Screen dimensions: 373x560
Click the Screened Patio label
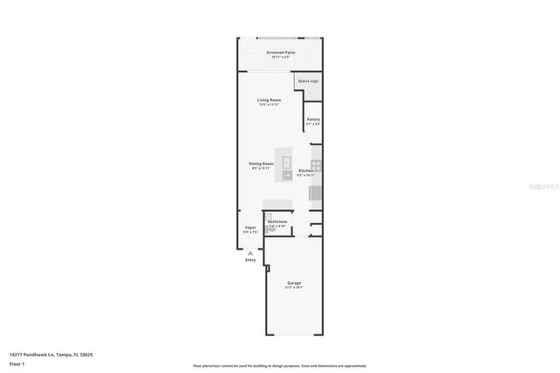281,53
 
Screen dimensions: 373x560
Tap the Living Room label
269,101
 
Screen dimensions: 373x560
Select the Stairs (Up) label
308,81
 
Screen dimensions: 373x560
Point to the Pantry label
312,119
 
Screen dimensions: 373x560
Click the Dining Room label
261,164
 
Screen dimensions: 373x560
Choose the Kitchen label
304,171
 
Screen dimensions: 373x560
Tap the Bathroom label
277,222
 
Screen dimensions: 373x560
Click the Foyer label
250,228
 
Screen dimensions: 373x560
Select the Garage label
294,283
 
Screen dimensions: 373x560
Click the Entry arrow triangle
250,253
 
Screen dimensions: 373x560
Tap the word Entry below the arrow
250,260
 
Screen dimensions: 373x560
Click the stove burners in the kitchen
316,164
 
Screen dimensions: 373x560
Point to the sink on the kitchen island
286,175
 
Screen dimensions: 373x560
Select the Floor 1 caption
17,363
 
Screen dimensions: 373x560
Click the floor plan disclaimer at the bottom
279,365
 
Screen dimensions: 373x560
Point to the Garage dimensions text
294,287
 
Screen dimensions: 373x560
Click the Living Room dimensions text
269,105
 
